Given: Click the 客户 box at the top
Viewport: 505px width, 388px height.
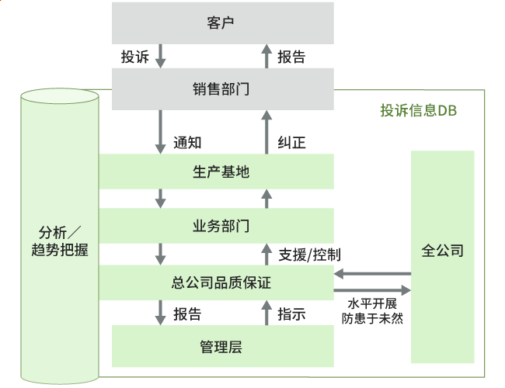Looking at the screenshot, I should [x=221, y=23].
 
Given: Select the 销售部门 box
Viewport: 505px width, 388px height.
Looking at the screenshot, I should [x=221, y=88].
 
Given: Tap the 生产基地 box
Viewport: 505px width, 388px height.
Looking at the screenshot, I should [x=221, y=171].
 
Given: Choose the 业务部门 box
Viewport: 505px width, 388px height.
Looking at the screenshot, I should [x=221, y=226].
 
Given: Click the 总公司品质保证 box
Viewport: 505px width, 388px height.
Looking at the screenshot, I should [x=221, y=282].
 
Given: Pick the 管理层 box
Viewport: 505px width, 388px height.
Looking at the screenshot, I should [x=221, y=346].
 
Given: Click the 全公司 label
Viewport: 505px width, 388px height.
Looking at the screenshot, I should [x=442, y=251].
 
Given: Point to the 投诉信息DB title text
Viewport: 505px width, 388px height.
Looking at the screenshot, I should [x=418, y=111].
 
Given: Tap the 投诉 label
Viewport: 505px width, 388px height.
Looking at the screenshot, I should [x=134, y=57].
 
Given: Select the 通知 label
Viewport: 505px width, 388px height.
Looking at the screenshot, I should [x=187, y=142].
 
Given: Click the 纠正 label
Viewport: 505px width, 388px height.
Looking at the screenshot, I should [x=291, y=142].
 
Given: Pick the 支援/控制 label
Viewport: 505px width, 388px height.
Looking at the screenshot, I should [x=308, y=254].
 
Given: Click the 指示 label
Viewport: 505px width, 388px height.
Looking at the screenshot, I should [x=291, y=314].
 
